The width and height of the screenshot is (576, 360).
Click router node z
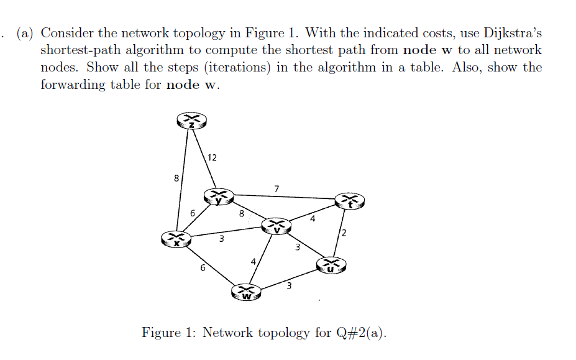coord(191,122)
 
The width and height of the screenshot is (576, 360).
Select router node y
coord(219,196)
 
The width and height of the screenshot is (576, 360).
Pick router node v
coord(277,226)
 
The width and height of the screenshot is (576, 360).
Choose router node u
coord(331,265)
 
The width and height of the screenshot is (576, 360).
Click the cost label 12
coord(212,157)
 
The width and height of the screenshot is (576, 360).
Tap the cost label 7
coord(277,187)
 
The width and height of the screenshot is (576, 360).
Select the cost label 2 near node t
coord(343,233)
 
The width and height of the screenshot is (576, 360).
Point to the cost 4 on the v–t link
coord(313,219)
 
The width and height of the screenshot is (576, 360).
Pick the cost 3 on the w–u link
coord(289,285)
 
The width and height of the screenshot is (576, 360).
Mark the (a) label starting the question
coord(26,33)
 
